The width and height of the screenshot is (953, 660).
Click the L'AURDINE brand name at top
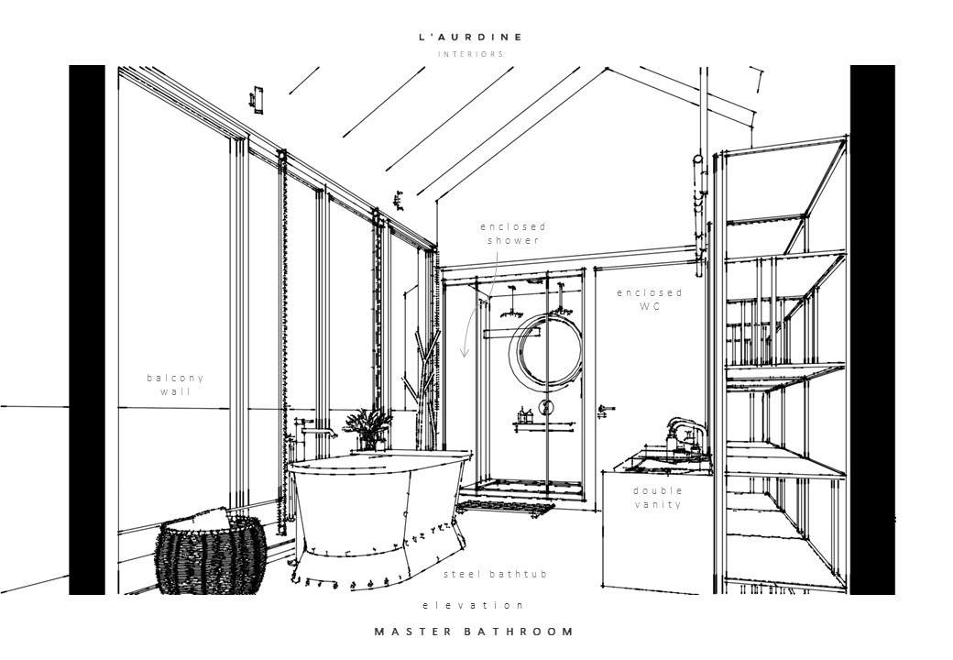point(470,38)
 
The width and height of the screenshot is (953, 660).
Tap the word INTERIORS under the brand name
point(470,54)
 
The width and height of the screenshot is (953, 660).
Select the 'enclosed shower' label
point(512,233)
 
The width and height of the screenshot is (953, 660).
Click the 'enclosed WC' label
point(649,300)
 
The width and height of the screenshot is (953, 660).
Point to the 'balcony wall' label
point(175,384)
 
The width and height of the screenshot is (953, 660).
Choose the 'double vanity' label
point(658,497)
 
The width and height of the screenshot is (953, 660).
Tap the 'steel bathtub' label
point(495,575)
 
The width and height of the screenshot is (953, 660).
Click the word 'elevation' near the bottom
point(473,605)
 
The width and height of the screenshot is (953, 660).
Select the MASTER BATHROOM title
point(475,632)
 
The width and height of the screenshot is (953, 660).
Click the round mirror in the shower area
point(546,348)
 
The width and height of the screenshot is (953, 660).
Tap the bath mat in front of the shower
point(506,506)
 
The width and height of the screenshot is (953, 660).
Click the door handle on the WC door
point(606,409)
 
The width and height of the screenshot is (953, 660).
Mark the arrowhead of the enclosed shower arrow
point(465,353)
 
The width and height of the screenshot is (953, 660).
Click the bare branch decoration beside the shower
point(424,385)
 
